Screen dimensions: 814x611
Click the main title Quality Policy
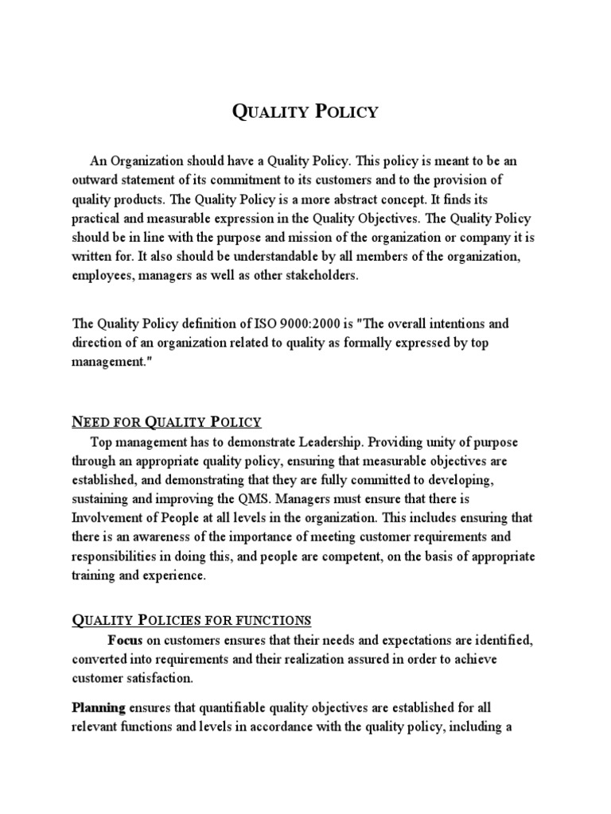[x=305, y=111]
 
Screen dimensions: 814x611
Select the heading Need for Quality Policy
[x=166, y=421]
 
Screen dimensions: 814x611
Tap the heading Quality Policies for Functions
[x=192, y=620]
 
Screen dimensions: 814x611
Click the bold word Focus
[x=126, y=639]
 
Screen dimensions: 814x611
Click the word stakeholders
[x=319, y=276]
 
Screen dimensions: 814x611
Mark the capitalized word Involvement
[x=106, y=519]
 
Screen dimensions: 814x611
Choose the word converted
[x=99, y=658]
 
